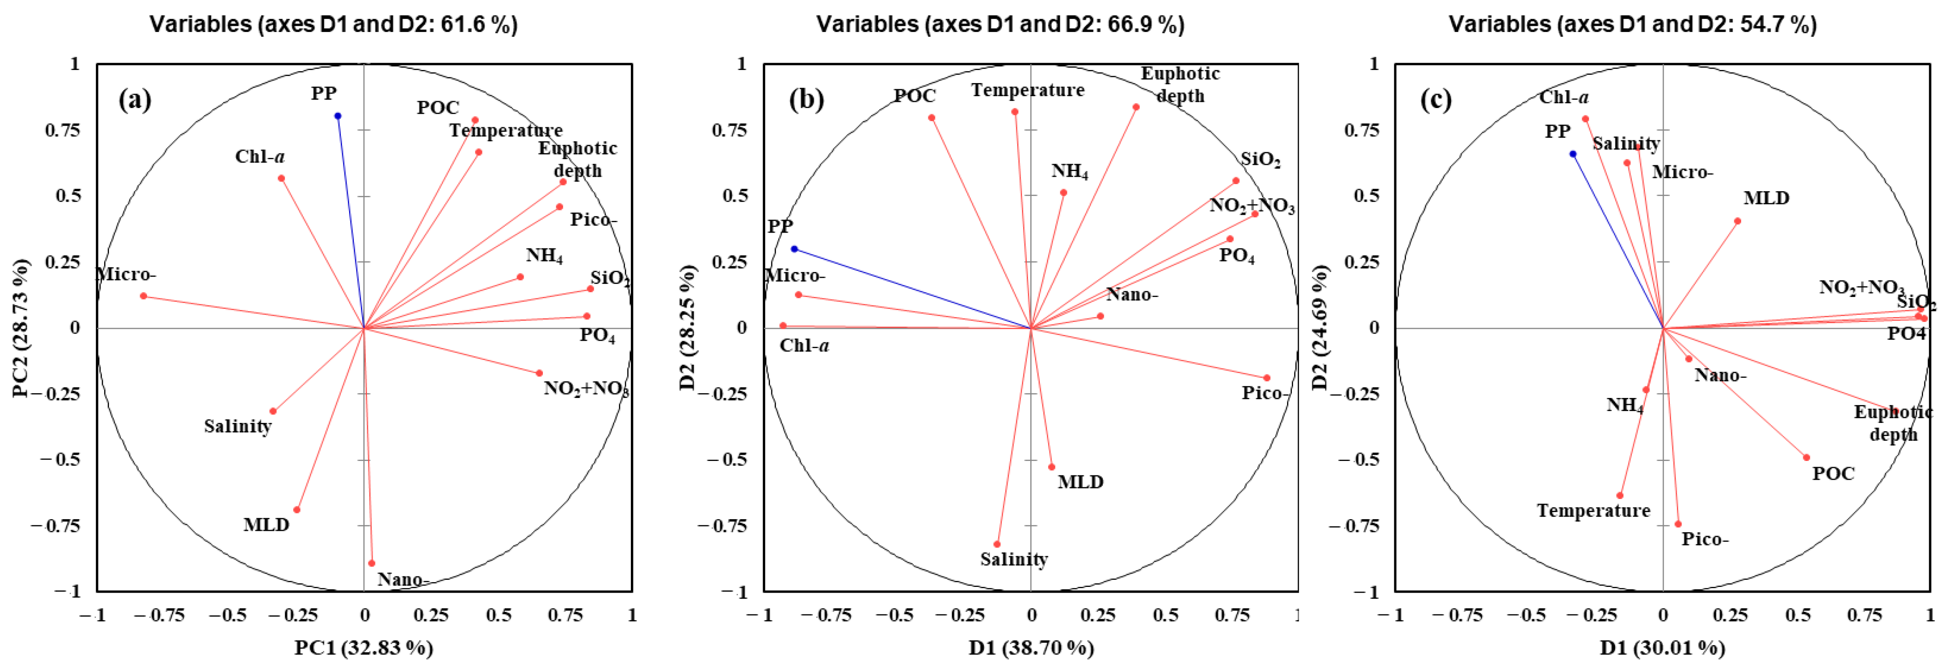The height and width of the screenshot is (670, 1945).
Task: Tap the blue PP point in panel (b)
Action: (x=794, y=249)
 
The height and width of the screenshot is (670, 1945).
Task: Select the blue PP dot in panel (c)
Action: (x=1573, y=154)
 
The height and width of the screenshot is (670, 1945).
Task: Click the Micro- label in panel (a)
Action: (x=126, y=274)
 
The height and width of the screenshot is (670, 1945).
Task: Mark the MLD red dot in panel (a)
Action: (x=297, y=510)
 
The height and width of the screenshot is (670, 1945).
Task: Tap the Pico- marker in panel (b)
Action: (x=1267, y=378)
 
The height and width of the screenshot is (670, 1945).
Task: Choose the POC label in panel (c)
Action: (x=1833, y=474)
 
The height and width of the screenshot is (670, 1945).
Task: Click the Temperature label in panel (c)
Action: (x=1593, y=511)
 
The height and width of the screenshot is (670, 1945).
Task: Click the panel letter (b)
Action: (x=806, y=100)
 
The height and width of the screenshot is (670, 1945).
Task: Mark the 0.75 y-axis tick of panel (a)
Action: (x=63, y=130)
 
